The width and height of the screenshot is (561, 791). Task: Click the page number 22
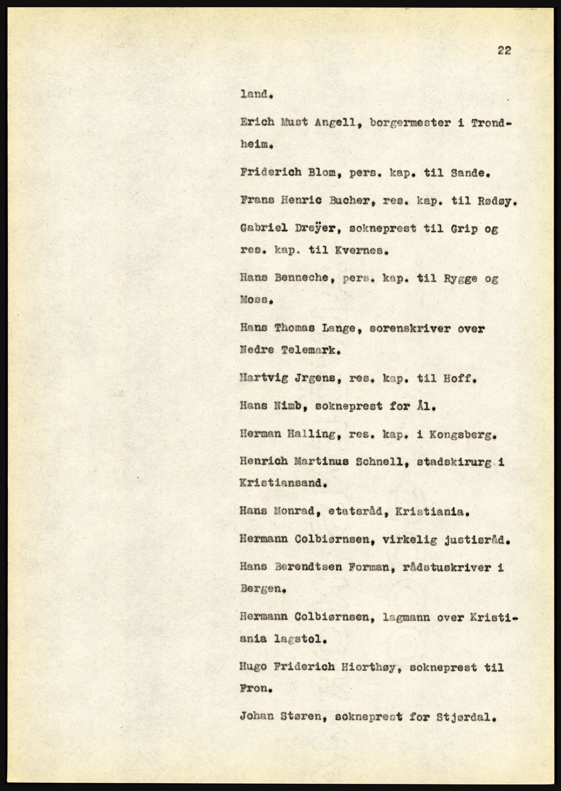504,50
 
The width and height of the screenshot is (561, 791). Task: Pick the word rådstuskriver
440,567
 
